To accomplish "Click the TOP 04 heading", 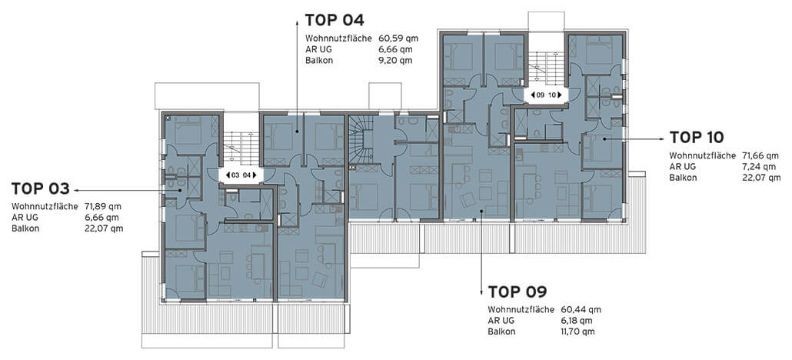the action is pyautogui.click(x=334, y=20).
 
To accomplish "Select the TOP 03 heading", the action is pyautogui.click(x=41, y=189).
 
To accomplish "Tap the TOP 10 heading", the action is pyautogui.click(x=697, y=137).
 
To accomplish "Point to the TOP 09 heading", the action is pyautogui.click(x=517, y=292).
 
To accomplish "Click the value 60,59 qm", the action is pyautogui.click(x=398, y=38).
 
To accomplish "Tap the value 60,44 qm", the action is pyautogui.click(x=581, y=309).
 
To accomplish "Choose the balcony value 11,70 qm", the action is pyautogui.click(x=577, y=332).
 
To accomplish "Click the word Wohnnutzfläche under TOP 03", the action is pyautogui.click(x=45, y=207).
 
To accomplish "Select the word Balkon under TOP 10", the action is pyautogui.click(x=684, y=178).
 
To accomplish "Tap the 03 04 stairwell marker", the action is pyautogui.click(x=241, y=175).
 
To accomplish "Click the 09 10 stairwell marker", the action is pyautogui.click(x=545, y=95).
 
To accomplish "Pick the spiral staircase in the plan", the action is pyautogui.click(x=362, y=140).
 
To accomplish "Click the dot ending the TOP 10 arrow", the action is pyautogui.click(x=604, y=138).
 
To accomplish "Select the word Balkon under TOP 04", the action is pyautogui.click(x=319, y=61).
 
